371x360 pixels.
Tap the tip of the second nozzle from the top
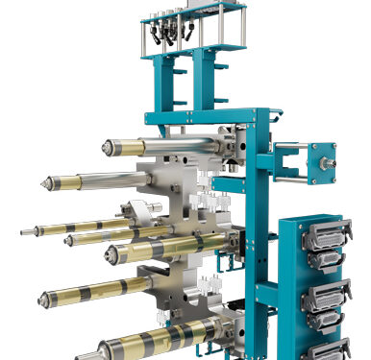pyautogui.click(x=44, y=182)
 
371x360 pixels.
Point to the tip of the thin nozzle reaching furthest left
pyautogui.click(x=22, y=231)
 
